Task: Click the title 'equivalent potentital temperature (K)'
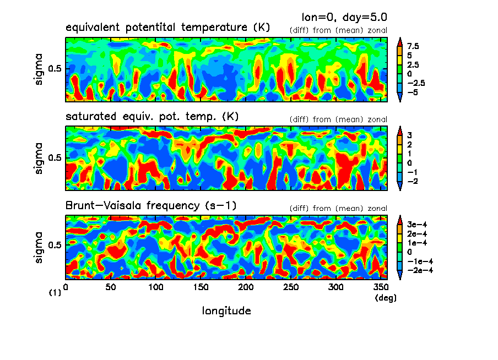(167, 28)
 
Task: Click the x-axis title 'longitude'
(226, 311)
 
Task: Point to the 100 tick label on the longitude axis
(156, 288)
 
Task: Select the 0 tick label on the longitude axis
(66, 288)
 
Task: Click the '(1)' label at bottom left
(55, 293)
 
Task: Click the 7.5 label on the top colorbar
(414, 47)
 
